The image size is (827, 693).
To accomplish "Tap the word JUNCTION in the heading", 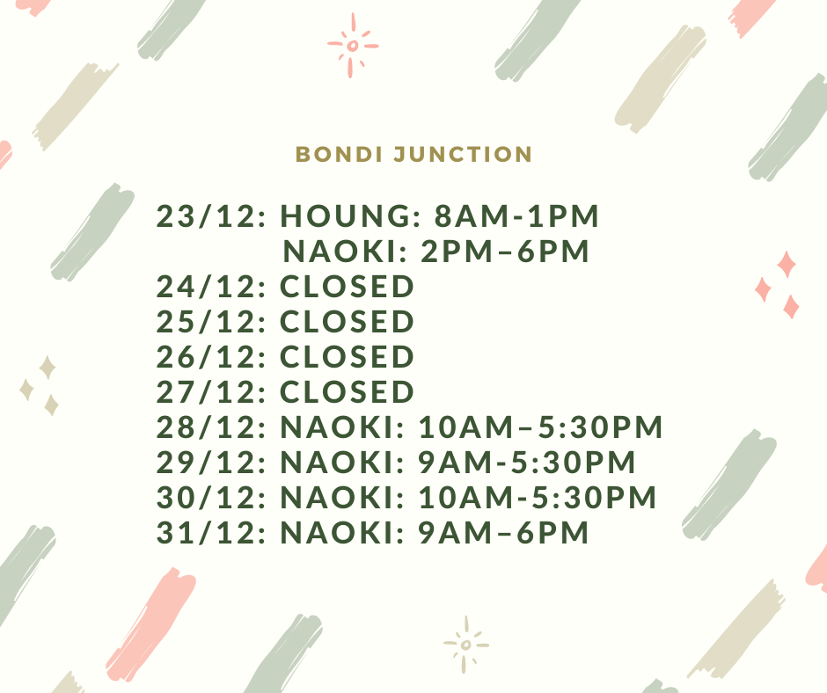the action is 463,154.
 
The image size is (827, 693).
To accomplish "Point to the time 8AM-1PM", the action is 517,216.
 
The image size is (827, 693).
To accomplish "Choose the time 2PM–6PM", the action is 505,251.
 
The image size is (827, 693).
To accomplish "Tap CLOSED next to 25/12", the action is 347,322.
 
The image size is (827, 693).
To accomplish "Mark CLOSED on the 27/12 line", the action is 347,392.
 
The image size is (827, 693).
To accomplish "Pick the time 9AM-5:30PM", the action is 527,463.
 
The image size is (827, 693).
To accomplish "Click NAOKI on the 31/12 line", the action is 341,533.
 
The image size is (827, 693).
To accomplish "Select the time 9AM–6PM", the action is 504,533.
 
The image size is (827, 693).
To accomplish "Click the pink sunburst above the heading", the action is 353,46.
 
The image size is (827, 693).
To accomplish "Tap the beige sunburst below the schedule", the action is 465,645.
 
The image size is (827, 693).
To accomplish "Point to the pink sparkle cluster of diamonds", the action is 778,285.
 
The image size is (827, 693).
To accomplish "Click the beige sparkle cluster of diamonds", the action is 39,385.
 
